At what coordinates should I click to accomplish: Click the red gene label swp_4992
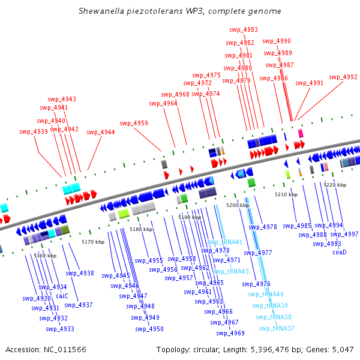(x=343, y=77)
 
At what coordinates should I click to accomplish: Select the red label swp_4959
(x=134, y=123)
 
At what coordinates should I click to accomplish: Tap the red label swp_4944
(x=101, y=132)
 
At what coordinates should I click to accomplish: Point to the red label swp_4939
(x=34, y=131)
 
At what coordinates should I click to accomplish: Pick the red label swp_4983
(x=244, y=29)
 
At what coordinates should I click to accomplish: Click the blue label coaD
(x=340, y=252)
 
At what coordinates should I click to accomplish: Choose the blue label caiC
(x=62, y=295)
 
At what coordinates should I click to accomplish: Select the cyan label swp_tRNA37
(x=277, y=328)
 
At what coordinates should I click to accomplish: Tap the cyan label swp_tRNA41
(x=224, y=242)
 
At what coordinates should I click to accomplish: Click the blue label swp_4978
(x=263, y=227)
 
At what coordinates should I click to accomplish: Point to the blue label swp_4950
(x=149, y=329)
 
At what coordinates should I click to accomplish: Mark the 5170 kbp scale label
(x=93, y=242)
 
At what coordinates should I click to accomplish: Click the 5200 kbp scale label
(x=238, y=205)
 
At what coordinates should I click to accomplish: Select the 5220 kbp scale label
(x=335, y=185)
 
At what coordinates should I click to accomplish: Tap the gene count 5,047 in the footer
(x=342, y=349)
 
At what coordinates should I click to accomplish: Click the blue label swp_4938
(x=80, y=273)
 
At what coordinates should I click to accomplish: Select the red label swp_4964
(x=163, y=103)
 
